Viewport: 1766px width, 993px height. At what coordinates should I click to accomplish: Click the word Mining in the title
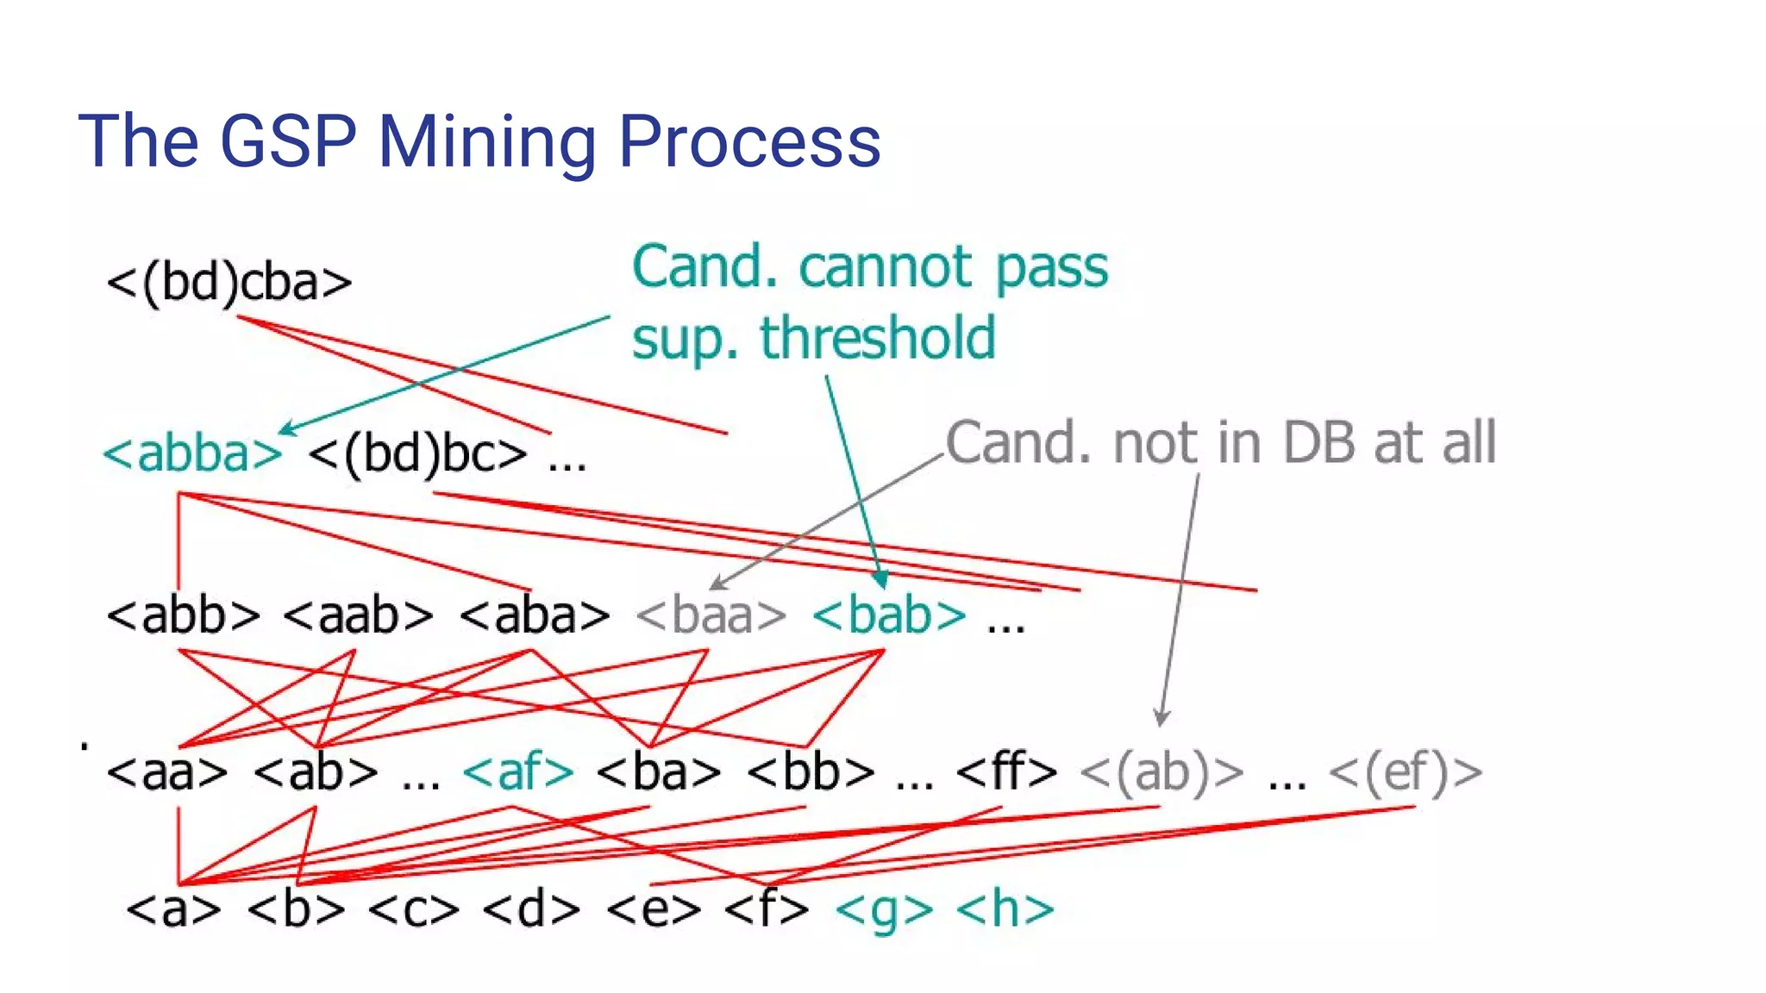point(486,142)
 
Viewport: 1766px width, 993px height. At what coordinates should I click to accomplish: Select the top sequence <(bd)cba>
point(229,282)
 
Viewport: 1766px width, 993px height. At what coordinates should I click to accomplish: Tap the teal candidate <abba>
point(192,453)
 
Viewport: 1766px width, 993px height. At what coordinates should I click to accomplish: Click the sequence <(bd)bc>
point(417,453)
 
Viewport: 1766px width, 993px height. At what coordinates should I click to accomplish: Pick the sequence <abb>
point(183,615)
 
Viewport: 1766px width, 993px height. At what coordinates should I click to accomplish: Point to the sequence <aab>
point(358,615)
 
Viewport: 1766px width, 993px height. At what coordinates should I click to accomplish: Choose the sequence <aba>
point(535,615)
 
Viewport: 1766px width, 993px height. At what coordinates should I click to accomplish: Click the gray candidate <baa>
point(711,615)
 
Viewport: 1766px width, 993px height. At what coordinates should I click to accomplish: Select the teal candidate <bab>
point(889,615)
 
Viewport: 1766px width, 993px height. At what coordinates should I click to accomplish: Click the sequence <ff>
point(1006,771)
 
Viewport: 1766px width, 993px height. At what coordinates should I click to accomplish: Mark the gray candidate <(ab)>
point(1162,771)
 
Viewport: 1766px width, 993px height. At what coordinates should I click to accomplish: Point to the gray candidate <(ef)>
point(1406,771)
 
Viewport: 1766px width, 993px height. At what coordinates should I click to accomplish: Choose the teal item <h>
point(1005,909)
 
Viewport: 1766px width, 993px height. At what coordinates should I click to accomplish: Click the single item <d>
point(531,909)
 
